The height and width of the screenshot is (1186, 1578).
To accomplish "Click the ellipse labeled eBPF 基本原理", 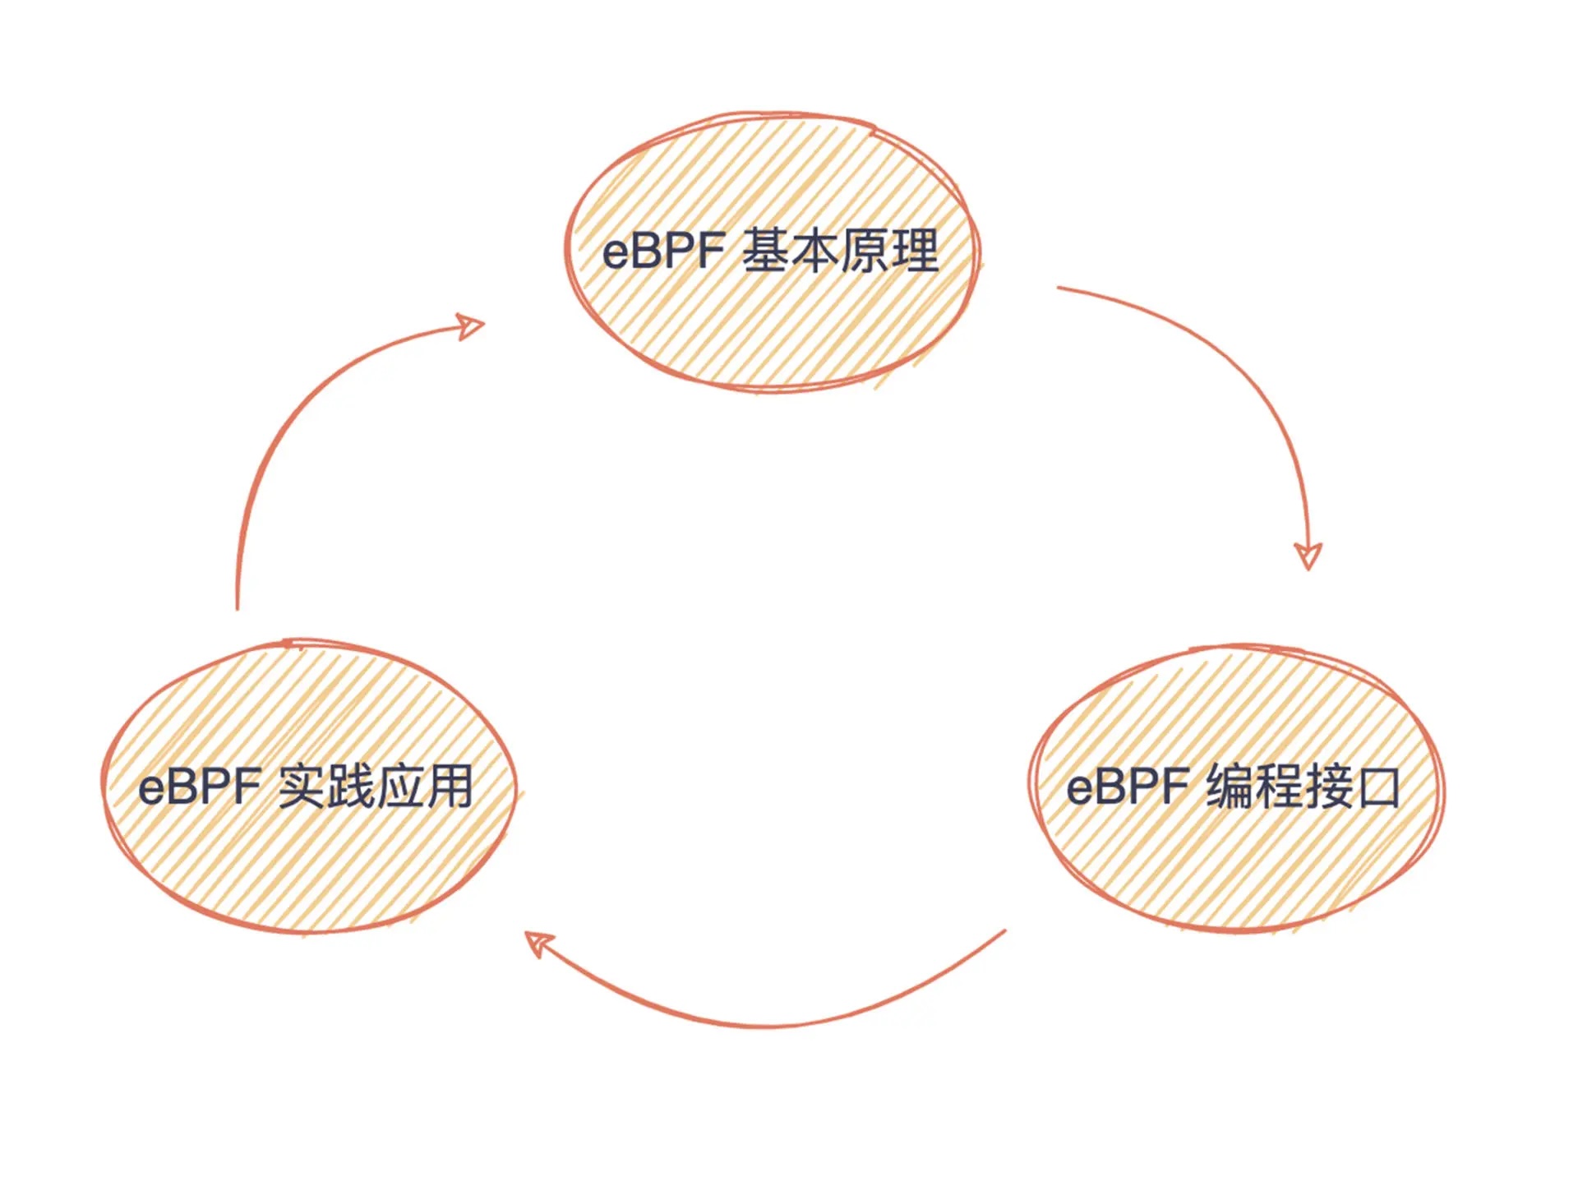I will click(773, 329).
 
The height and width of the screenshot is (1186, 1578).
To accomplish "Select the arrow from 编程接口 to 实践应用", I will click(764, 1025).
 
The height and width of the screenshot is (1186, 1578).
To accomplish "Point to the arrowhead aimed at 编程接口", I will click(1308, 556).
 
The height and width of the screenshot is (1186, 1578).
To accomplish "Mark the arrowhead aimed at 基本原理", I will click(471, 326).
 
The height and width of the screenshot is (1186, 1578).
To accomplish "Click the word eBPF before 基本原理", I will click(664, 252).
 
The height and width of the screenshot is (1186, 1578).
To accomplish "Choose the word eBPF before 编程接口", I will click(1128, 787).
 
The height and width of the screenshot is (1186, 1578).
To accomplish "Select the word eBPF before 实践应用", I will click(200, 787).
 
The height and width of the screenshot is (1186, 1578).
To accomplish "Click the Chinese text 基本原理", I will click(840, 251).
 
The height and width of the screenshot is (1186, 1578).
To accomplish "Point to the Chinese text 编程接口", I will click(1303, 787).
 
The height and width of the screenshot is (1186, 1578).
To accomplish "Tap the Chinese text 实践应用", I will click(376, 787).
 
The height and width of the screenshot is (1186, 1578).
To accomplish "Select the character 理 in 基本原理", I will click(914, 251).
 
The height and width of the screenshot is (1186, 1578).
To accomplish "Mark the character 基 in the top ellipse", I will click(766, 251).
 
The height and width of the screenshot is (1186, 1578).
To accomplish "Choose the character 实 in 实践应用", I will click(302, 787).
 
